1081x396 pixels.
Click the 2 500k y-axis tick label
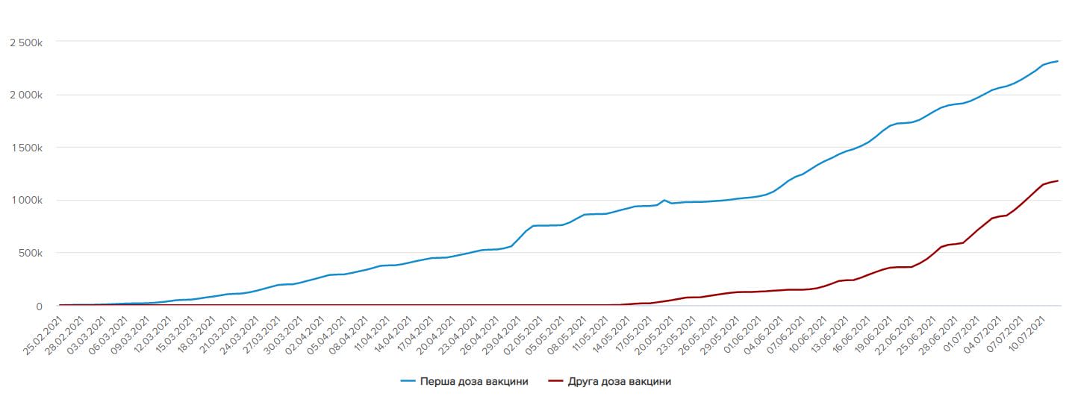[25, 43]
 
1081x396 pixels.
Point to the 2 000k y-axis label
[25, 95]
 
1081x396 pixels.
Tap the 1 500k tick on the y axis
[25, 148]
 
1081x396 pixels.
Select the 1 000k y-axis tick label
[25, 200]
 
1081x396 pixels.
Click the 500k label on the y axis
[31, 253]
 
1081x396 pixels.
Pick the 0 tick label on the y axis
[39, 306]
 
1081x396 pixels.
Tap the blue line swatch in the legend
[409, 381]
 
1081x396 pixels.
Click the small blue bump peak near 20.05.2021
[664, 200]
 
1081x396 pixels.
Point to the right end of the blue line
[1058, 61]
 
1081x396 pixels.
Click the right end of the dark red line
[1058, 180]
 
